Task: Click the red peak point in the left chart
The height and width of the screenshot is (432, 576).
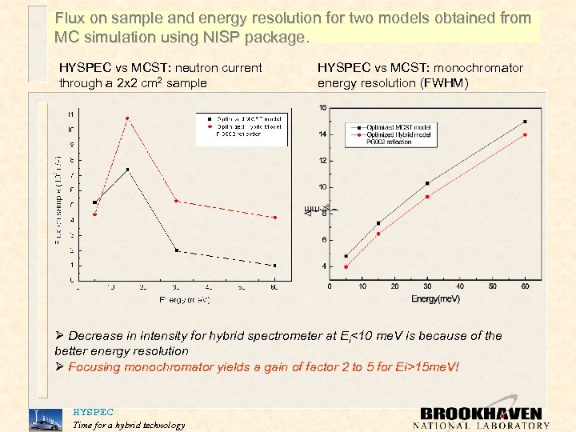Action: click(127, 118)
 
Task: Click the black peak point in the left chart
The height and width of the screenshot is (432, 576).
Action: click(127, 170)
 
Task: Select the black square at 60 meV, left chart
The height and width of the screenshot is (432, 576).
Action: click(274, 266)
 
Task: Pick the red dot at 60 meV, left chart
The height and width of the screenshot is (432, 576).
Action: click(274, 218)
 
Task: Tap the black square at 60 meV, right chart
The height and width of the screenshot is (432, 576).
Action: click(525, 122)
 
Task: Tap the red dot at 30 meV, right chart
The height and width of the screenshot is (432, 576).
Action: click(427, 196)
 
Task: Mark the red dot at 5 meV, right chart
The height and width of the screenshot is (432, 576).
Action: click(346, 267)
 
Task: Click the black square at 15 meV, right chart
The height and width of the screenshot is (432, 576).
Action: click(378, 223)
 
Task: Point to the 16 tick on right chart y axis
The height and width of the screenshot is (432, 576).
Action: click(322, 108)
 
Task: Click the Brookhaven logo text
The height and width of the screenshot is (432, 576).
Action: click(481, 414)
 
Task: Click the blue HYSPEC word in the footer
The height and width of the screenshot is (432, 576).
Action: click(93, 412)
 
